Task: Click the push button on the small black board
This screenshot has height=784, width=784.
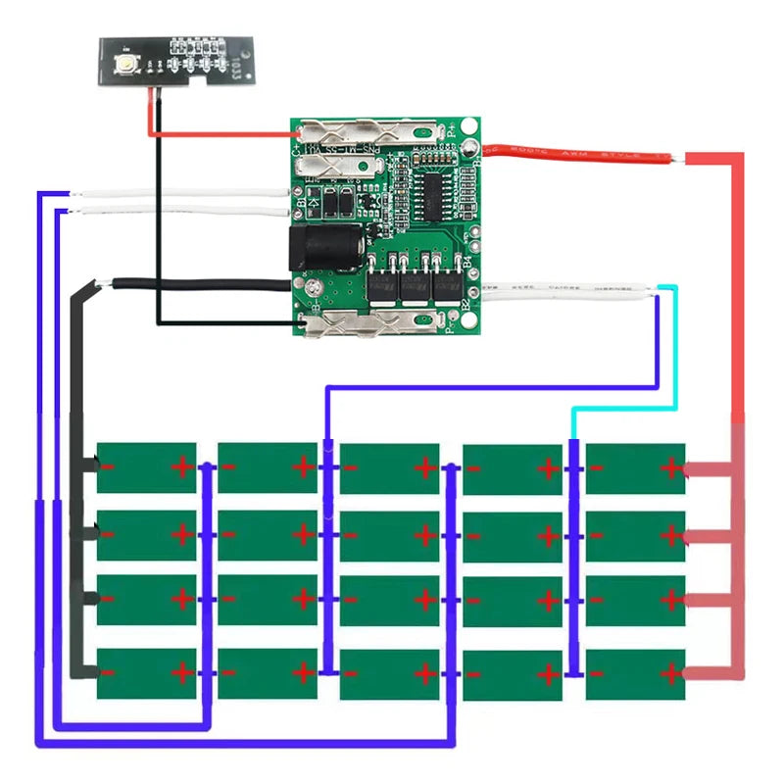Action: coord(128,64)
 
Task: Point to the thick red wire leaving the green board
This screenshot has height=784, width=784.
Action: coord(578,155)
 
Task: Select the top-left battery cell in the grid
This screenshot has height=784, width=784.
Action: coord(146,467)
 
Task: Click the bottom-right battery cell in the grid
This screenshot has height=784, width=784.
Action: coord(635,674)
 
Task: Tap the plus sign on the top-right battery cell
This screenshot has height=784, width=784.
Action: coord(671,467)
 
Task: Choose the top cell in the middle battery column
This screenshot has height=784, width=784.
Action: coord(389,467)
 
